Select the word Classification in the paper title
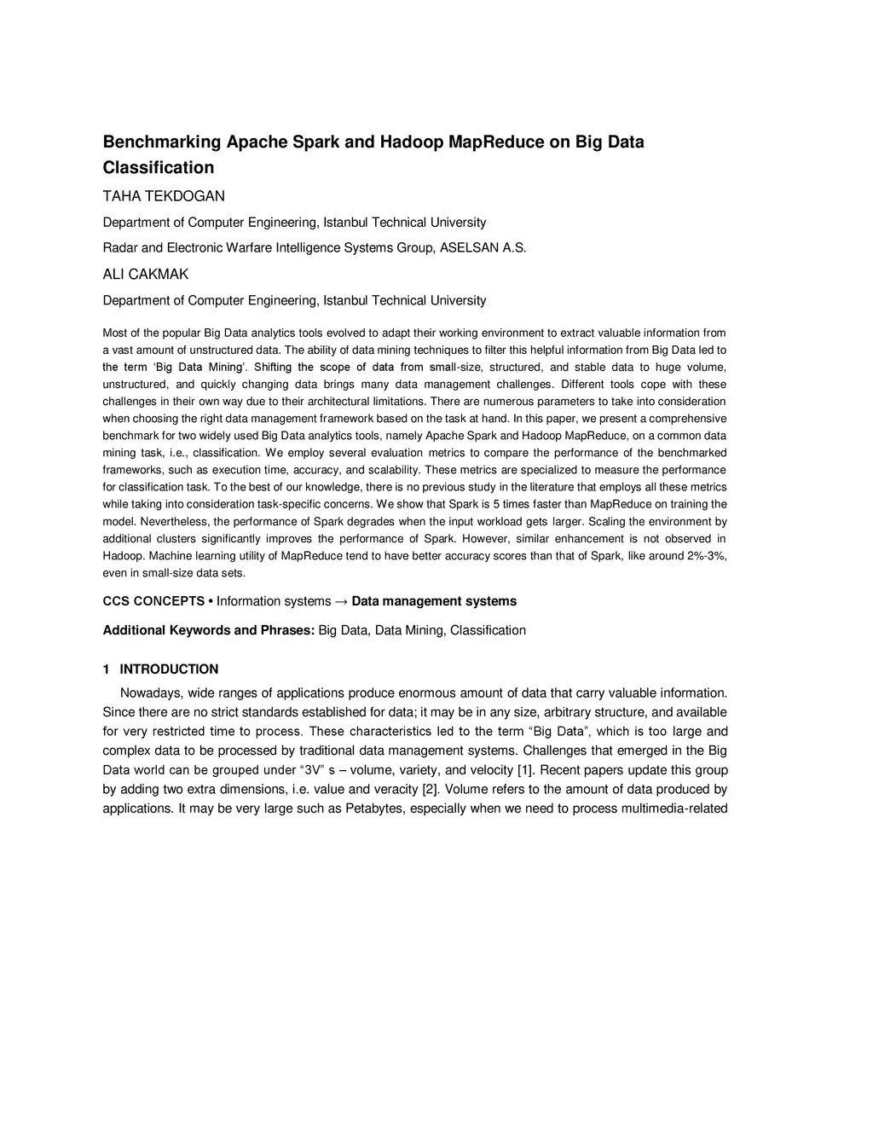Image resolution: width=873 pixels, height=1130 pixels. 159,167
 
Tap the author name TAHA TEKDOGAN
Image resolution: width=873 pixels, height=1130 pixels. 164,196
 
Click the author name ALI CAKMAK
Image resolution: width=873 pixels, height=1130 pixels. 146,275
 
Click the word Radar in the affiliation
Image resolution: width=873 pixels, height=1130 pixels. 120,248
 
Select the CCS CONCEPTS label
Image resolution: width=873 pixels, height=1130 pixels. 153,601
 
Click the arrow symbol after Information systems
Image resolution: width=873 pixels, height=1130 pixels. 341,601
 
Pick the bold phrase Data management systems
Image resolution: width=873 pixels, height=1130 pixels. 434,601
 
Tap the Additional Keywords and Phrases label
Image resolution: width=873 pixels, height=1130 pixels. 209,630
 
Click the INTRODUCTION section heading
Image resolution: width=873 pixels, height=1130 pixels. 169,669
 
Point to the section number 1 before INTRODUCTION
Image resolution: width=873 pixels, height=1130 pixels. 107,669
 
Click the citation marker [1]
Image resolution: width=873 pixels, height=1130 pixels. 525,770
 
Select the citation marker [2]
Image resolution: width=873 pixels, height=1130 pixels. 431,789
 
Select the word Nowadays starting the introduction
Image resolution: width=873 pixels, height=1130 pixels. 147,693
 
